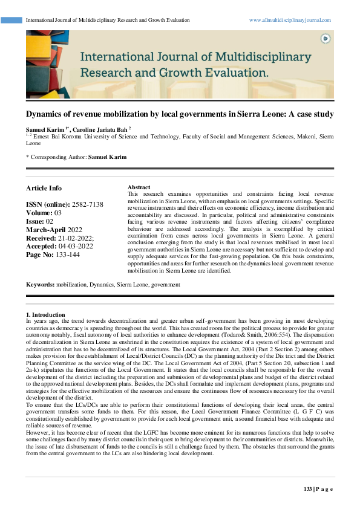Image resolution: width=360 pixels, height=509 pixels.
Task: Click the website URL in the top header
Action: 290,20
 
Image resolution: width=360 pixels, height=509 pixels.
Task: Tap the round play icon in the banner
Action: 326,38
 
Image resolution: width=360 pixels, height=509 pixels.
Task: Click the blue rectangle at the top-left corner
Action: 11,20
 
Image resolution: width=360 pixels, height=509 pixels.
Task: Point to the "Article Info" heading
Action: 44,188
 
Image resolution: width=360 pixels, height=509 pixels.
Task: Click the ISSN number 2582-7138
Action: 88,204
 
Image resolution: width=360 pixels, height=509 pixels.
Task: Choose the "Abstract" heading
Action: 139,187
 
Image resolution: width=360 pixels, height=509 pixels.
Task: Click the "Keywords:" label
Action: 40,284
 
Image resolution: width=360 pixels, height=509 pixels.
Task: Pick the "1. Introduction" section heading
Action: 45,315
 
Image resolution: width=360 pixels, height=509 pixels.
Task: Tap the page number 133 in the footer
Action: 307,488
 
